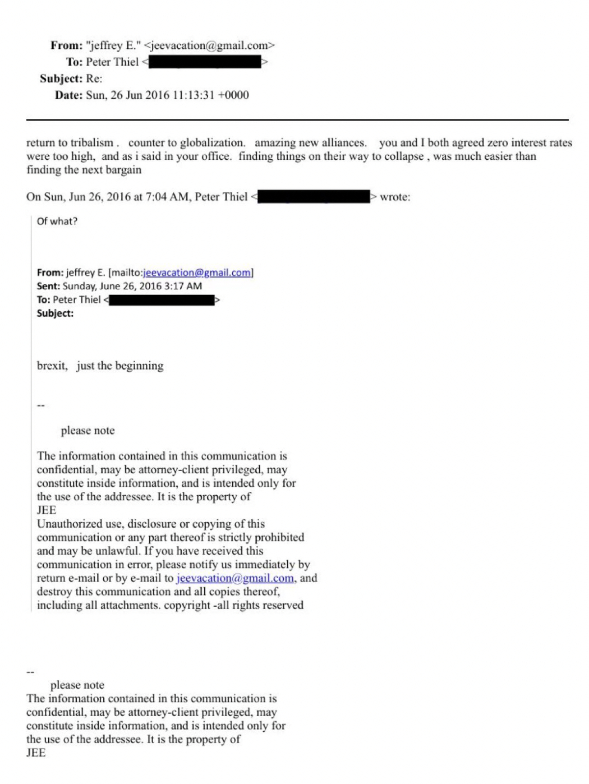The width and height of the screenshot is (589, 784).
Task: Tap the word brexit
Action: click(x=52, y=366)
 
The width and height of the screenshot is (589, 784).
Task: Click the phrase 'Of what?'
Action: click(x=57, y=221)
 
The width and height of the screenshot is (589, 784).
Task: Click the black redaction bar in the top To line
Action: click(x=205, y=62)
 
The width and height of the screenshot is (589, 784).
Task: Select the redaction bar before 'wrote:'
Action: click(x=314, y=197)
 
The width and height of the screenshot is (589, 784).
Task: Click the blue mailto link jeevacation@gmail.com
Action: click(x=197, y=273)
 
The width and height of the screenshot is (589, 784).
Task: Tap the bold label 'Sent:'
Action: click(x=48, y=286)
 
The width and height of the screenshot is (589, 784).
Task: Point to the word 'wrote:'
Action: click(x=395, y=197)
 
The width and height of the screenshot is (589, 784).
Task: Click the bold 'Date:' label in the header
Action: click(x=68, y=95)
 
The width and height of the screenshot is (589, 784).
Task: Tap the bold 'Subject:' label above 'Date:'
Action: click(x=61, y=79)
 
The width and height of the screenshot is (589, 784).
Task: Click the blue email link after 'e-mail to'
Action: click(x=235, y=578)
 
